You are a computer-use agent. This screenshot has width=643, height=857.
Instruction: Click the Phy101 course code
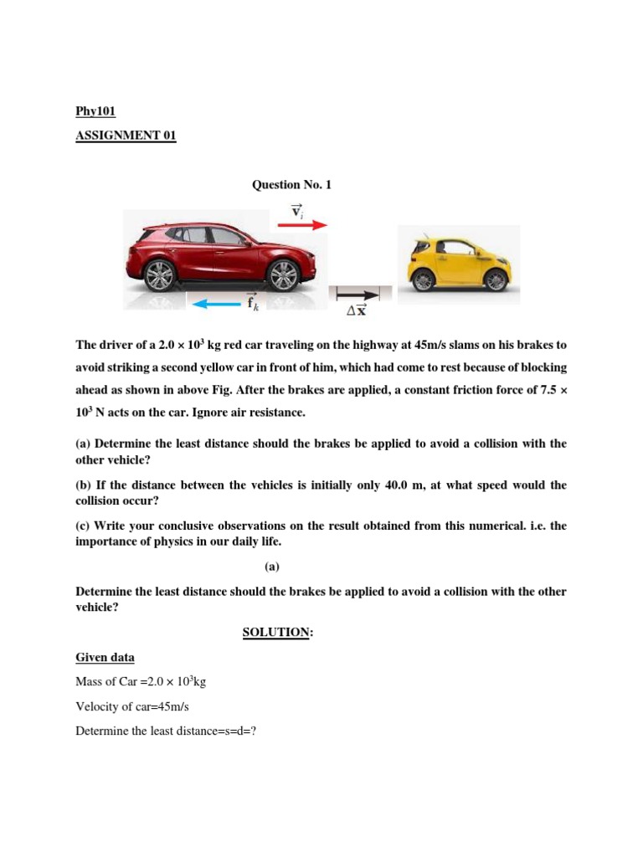[x=95, y=110]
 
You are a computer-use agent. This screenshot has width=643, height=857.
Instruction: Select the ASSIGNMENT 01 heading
[x=126, y=136]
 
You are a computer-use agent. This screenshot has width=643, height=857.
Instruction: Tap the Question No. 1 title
[x=291, y=185]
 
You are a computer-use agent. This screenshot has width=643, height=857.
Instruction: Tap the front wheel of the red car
[x=284, y=275]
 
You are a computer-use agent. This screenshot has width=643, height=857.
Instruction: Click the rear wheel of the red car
[x=159, y=275]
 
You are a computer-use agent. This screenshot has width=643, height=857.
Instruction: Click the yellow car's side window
[x=456, y=248]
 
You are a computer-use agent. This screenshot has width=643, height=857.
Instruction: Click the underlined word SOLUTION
[x=277, y=633]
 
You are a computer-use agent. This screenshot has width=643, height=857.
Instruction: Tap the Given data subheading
[x=105, y=658]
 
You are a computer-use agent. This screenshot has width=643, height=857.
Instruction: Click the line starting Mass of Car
[x=141, y=682]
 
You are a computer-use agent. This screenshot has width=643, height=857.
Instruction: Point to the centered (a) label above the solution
[x=272, y=567]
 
